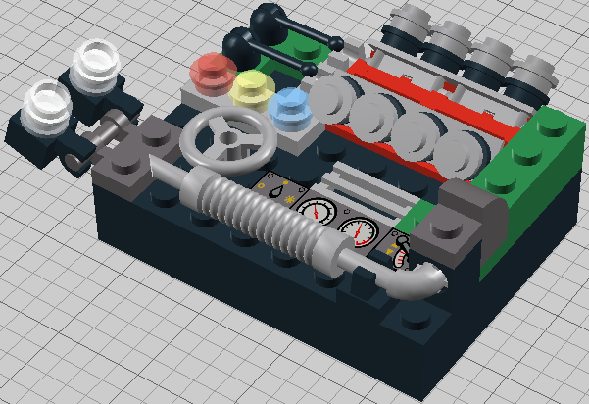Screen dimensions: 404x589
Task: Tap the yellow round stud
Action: pyautogui.click(x=253, y=88)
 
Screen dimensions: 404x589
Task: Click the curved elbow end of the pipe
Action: pyautogui.click(x=417, y=283)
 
